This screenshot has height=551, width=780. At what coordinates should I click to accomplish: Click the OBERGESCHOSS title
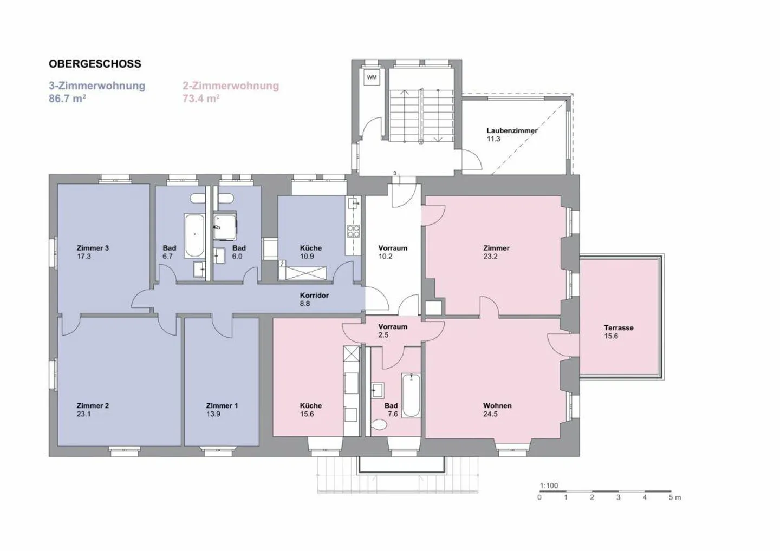coord(95,63)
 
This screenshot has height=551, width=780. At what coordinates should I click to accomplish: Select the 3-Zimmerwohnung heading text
coord(97,86)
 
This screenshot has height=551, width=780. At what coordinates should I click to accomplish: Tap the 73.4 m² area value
coord(200,99)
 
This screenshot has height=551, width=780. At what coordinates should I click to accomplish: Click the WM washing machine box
coord(372,77)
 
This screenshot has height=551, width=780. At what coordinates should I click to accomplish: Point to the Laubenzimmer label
coord(511,130)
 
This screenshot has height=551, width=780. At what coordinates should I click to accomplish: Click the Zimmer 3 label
coord(93,248)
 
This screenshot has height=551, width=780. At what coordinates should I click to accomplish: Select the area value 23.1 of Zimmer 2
coord(83,414)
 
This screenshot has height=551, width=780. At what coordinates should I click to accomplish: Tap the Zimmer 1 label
coord(222,405)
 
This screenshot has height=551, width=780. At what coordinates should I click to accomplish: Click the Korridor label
coord(314,296)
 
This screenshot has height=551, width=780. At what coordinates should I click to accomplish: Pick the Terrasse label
coord(619,327)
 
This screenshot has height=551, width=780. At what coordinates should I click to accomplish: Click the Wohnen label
coord(497,405)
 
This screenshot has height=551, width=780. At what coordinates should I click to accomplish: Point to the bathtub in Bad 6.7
coord(194,235)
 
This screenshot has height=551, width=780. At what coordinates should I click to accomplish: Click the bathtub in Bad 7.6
coord(411,395)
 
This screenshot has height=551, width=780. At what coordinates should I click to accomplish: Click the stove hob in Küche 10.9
coord(353,231)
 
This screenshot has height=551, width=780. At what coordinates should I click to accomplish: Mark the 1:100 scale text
coord(549,486)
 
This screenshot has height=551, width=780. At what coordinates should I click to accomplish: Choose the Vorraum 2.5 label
coord(393,331)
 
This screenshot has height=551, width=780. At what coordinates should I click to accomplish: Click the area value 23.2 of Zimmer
coord(490,257)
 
